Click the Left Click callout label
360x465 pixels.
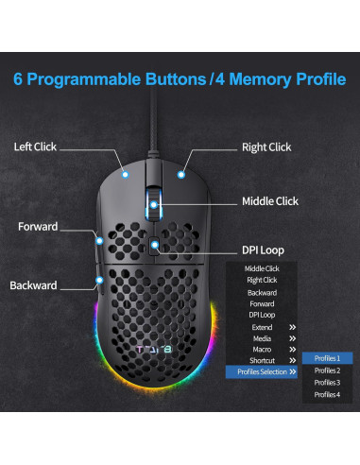click(x=35, y=146)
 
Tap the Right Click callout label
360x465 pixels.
click(x=266, y=147)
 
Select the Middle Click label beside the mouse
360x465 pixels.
click(x=270, y=201)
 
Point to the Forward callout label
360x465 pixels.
click(x=38, y=227)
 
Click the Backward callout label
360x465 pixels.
click(x=33, y=285)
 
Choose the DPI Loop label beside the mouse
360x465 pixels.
click(x=263, y=250)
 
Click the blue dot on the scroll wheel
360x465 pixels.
click(x=154, y=205)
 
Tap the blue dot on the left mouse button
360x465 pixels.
click(x=126, y=174)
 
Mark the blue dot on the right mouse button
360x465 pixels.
click(x=181, y=175)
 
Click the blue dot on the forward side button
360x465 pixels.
click(x=99, y=241)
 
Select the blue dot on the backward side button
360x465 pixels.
click(x=99, y=280)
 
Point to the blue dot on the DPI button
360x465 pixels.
click(x=155, y=245)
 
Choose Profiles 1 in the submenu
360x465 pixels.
click(x=327, y=358)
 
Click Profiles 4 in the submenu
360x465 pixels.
click(x=327, y=394)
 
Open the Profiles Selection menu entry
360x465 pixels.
click(x=262, y=371)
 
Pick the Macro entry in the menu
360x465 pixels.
click(x=262, y=350)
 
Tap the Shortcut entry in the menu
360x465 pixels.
click(x=262, y=360)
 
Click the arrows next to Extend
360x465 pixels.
click(x=293, y=327)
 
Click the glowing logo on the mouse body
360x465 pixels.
click(x=154, y=350)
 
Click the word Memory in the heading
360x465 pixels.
click(x=260, y=79)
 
